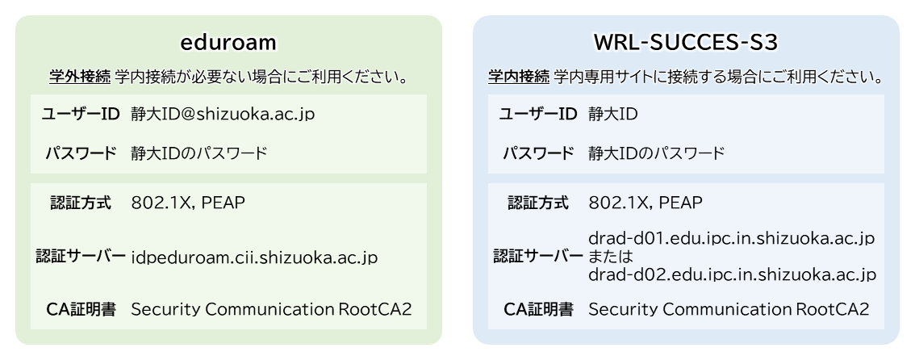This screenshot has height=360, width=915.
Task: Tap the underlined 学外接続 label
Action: [80, 77]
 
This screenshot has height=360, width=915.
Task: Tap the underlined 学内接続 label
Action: [519, 77]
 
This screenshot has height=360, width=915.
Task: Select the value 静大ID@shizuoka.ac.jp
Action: [223, 115]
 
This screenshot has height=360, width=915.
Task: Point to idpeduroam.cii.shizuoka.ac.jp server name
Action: [254, 257]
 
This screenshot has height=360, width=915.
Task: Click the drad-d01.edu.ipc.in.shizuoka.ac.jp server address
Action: [732, 239]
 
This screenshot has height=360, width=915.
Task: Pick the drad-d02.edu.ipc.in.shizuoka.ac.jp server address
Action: [732, 274]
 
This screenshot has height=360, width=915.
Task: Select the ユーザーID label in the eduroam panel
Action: [81, 115]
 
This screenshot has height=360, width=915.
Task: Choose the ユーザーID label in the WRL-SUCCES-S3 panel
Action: [538, 115]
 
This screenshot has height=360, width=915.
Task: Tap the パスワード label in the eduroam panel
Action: [81, 154]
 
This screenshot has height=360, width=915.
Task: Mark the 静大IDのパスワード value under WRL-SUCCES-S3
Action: [657, 154]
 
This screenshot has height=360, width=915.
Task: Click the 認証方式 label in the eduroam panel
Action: [81, 203]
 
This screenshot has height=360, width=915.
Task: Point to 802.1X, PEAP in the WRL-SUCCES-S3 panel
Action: [646, 203]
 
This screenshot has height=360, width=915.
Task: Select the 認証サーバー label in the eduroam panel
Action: [81, 256]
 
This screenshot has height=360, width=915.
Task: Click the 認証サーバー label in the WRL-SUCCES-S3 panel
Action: [538, 256]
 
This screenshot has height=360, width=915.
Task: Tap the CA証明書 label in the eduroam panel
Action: [81, 309]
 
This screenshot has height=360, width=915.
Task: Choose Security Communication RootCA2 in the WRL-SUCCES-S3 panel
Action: [729, 309]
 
